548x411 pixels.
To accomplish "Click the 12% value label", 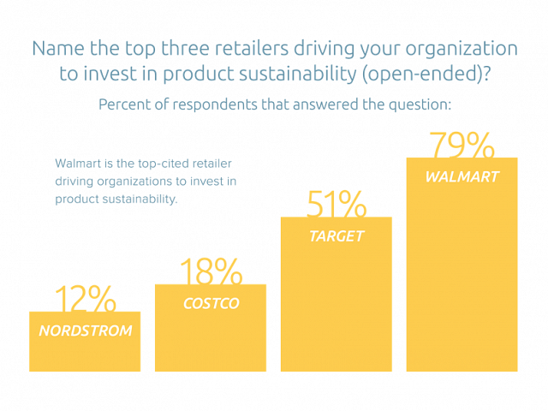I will [x=85, y=299].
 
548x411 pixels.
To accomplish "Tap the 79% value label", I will [x=462, y=145].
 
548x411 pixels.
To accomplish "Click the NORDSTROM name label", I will [x=85, y=330].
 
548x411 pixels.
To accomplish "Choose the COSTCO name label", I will [x=211, y=303].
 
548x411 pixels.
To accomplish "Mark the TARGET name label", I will [x=337, y=235].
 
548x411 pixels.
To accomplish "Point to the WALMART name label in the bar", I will [x=462, y=177].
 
